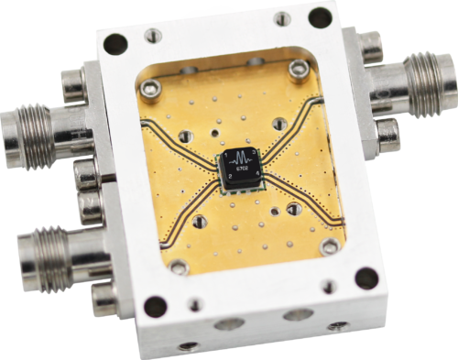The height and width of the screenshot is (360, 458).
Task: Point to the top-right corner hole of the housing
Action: pyautogui.click(x=318, y=16)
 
